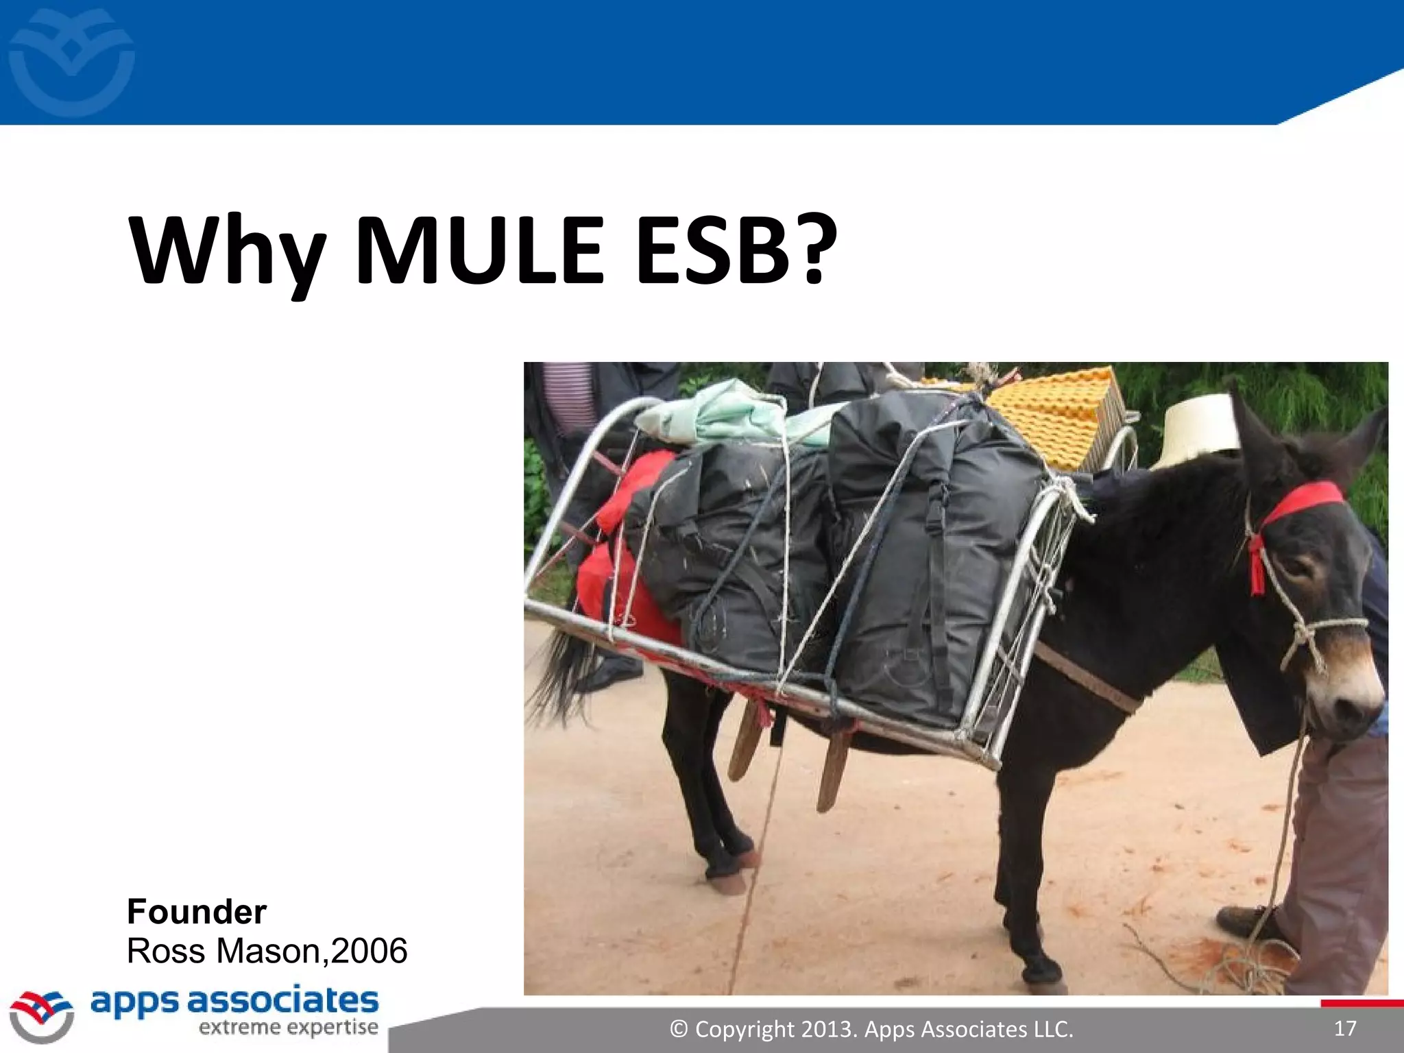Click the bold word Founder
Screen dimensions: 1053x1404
click(197, 912)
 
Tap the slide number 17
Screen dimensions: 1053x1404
click(1345, 1028)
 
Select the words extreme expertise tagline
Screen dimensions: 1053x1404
click(288, 1028)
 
